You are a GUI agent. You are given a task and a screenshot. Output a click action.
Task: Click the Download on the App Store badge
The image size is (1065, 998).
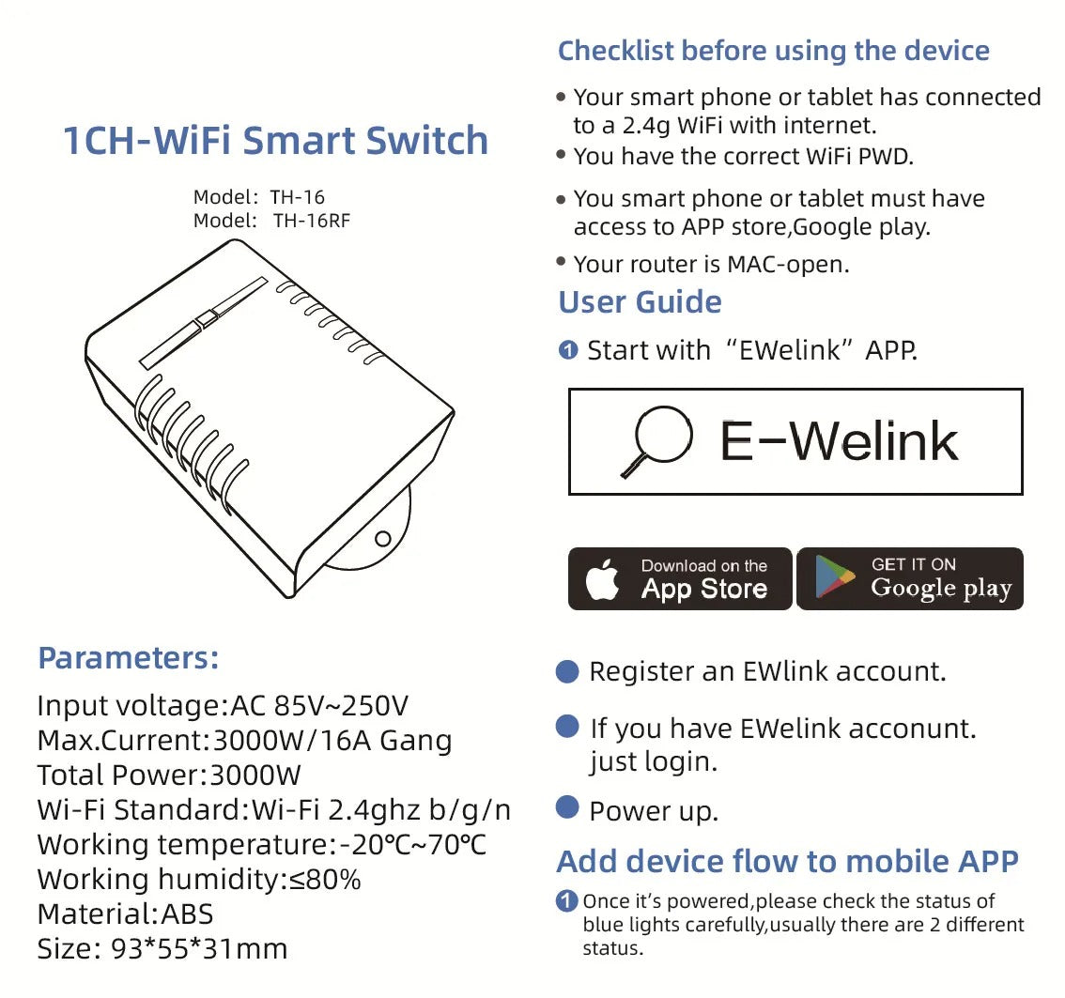(680, 578)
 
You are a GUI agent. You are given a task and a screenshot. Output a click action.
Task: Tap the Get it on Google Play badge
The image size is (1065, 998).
(910, 578)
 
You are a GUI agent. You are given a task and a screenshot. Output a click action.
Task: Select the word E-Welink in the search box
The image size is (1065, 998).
(839, 441)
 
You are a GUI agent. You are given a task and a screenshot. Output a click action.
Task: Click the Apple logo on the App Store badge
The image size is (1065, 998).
(602, 580)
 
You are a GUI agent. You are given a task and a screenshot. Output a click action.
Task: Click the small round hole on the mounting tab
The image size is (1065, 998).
(383, 538)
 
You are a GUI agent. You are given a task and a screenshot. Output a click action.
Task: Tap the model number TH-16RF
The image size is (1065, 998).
(312, 221)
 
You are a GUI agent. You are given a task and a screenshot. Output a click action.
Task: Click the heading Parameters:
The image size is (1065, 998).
(129, 658)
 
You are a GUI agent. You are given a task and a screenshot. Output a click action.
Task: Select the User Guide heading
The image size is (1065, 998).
(640, 302)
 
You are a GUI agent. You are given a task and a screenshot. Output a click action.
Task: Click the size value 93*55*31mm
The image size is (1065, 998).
(199, 948)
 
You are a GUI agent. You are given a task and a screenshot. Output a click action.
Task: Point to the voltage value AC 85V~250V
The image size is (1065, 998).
(319, 706)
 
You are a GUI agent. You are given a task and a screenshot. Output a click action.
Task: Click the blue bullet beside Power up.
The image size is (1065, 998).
(567, 807)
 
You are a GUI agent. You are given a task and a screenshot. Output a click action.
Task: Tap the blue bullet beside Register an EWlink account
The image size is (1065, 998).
(567, 670)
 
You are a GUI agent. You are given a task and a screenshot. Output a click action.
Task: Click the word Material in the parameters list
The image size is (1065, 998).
(97, 914)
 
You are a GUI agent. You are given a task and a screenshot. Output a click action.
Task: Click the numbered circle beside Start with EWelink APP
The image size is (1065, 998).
(568, 350)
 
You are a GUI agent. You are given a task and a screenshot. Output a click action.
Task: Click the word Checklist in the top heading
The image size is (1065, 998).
(616, 51)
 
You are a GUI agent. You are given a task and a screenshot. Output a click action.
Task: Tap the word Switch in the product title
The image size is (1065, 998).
(426, 141)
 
